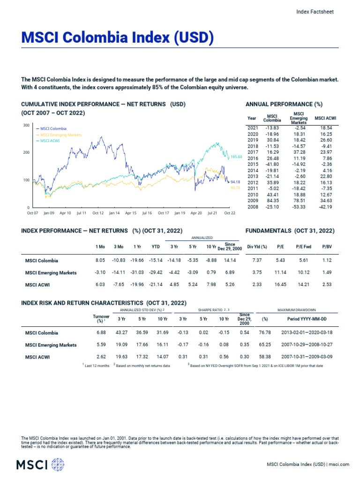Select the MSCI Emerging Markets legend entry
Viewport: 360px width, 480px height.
point(61,135)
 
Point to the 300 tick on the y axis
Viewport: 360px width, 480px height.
point(26,125)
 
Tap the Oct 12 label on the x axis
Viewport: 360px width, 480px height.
point(97,213)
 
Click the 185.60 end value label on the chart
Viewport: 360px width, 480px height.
point(236,157)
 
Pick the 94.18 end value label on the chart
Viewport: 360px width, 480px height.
point(235,181)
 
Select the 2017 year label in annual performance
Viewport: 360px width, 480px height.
point(252,152)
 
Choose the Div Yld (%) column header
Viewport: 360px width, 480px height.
point(257,247)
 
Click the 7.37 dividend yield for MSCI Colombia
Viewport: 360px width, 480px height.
point(257,260)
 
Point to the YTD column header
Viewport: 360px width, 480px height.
point(156,247)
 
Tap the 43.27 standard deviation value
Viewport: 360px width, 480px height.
point(121,333)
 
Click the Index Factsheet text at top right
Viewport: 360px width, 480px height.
point(315,12)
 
